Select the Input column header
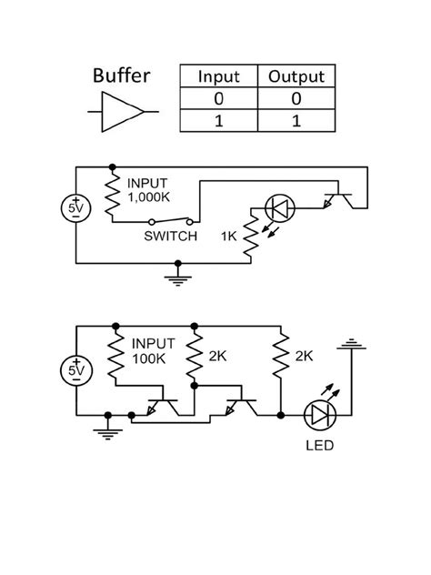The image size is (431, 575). pos(218,76)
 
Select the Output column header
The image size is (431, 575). pos(296,76)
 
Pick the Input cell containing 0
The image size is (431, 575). pos(218,98)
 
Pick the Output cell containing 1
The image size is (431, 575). pos(296,120)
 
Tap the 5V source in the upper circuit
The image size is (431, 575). pos(76,208)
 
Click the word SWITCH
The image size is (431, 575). pos(170,237)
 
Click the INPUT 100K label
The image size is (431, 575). pos(152,350)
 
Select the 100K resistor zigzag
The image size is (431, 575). pos(115,360)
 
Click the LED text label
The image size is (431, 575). pos(320,445)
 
